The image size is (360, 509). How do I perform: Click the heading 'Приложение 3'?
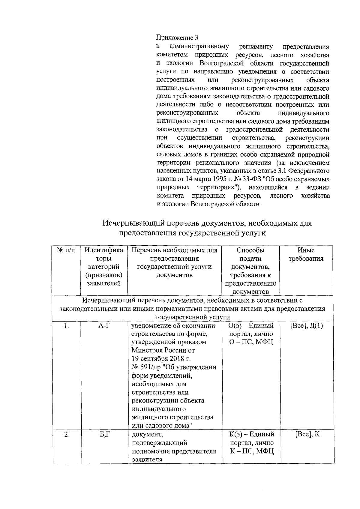(177, 38)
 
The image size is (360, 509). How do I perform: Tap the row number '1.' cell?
(66, 326)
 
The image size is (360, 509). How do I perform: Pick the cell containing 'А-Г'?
(104, 326)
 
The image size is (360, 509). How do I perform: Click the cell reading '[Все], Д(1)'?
(307, 326)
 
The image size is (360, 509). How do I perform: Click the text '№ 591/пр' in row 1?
(146, 367)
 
